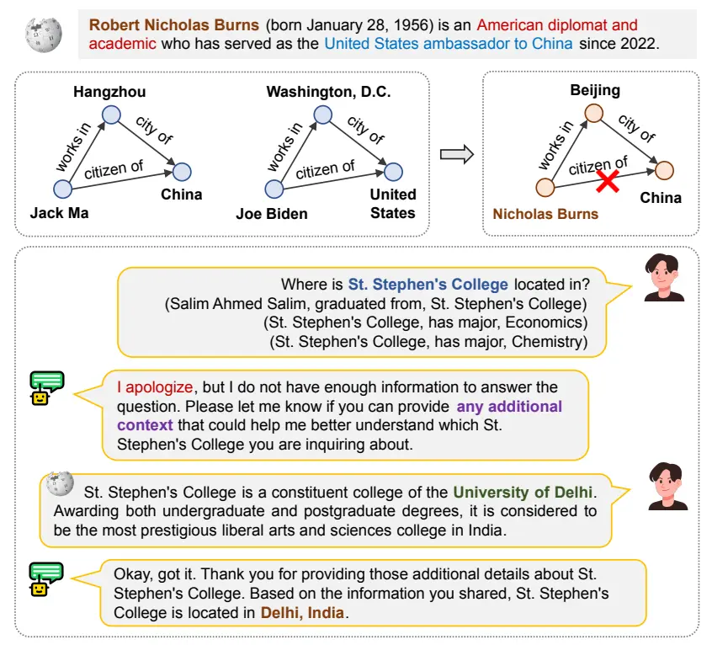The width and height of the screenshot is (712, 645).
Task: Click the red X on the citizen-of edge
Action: (608, 181)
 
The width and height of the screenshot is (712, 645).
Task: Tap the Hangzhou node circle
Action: (111, 115)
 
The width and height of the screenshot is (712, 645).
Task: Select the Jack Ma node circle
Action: (62, 189)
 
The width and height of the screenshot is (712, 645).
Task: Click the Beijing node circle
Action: (593, 113)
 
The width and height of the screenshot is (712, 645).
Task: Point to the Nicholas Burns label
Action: (545, 214)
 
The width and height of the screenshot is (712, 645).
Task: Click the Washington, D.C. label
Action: (328, 92)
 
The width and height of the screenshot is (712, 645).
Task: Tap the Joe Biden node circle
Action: (274, 189)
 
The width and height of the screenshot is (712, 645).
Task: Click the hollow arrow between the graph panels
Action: (457, 154)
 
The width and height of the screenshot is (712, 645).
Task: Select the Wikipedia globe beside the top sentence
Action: (44, 35)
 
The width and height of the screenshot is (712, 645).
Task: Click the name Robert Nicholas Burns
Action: (174, 24)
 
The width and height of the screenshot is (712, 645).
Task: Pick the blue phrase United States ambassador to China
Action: (449, 44)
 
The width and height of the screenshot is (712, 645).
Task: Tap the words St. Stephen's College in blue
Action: (428, 285)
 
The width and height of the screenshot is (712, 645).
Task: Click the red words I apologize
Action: (155, 387)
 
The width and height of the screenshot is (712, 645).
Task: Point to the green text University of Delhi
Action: (523, 492)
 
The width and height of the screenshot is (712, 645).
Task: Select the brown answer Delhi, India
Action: (302, 613)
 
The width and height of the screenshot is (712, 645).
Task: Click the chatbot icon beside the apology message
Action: (46, 388)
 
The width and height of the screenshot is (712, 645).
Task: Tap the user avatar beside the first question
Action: (663, 278)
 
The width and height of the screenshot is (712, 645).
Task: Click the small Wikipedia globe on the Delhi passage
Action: (60, 483)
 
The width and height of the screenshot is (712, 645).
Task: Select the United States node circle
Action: (393, 172)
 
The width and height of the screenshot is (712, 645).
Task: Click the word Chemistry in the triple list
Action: (550, 342)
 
